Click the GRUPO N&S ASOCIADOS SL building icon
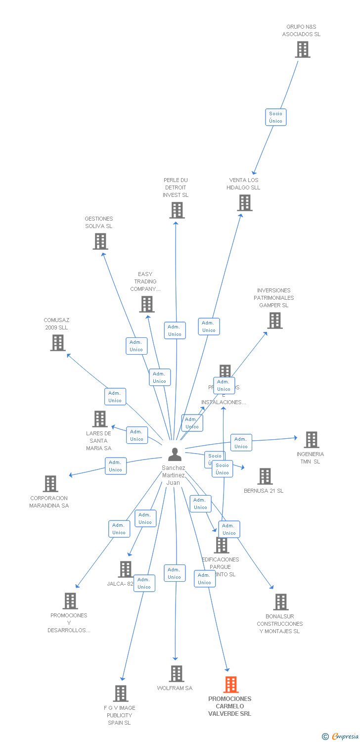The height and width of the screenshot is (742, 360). click(302, 49)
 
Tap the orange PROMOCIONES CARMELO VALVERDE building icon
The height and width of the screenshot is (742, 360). click(230, 685)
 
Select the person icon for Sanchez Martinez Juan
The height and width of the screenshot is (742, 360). click(175, 454)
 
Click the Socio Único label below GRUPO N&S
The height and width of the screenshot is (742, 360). click(275, 117)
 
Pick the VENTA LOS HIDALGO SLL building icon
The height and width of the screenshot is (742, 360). click(244, 203)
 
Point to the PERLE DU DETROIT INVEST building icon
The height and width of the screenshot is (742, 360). click(177, 210)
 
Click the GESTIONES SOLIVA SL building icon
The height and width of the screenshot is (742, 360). click(100, 241)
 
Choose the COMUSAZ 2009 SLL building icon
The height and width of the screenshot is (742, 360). click(58, 343)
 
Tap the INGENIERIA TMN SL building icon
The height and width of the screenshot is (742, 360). click(311, 440)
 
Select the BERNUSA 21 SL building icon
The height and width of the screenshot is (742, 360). click(265, 476)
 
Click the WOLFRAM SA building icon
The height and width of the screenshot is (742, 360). click(177, 674)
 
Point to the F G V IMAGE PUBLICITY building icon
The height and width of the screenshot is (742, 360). click(121, 694)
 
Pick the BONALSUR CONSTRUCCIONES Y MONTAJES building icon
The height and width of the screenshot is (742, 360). click(280, 602)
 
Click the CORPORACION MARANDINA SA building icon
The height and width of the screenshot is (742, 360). click(50, 484)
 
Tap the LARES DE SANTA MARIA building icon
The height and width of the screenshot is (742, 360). click(100, 419)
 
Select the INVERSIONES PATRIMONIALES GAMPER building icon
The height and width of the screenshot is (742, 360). click(274, 321)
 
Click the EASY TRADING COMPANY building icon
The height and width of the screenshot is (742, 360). click(147, 304)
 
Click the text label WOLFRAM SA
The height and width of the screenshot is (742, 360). click(175, 688)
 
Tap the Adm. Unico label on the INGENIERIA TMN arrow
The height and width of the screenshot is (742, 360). click(241, 443)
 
